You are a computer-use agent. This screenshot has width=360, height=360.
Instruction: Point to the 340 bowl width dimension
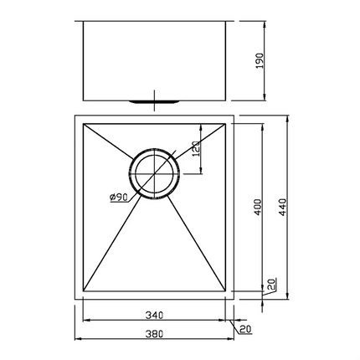click(152, 316)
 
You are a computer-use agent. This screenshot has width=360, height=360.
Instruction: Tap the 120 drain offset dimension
click(198, 148)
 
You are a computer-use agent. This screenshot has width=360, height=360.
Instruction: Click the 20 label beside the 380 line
click(246, 329)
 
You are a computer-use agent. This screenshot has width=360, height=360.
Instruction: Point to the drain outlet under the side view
click(152, 101)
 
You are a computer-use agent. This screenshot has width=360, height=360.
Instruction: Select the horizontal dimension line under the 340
click(152, 323)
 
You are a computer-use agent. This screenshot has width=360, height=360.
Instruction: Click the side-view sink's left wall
click(82, 59)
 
